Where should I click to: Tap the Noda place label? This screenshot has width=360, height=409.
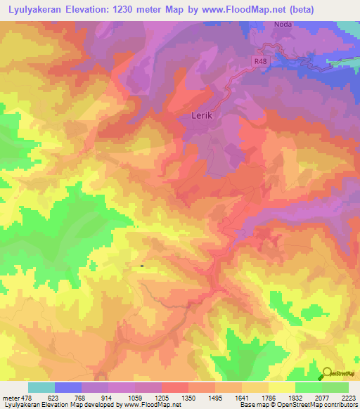tap(283, 23)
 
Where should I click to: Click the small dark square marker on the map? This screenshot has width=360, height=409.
tap(142, 266)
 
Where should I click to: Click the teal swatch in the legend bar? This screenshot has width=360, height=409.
tap(41, 387)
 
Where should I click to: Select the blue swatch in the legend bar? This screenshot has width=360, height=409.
tap(68, 387)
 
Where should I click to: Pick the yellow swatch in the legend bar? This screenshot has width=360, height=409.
tap(281, 387)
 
